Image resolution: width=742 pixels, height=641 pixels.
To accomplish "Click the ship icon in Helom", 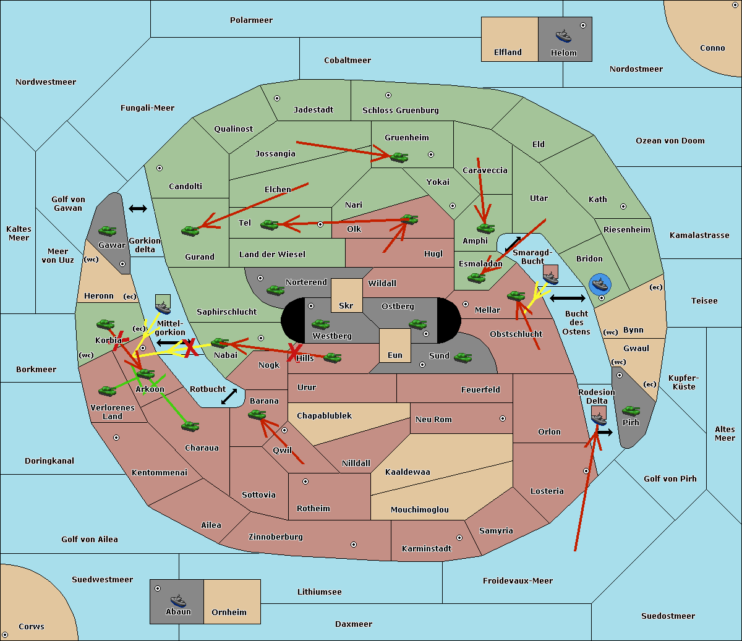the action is [x=563, y=36].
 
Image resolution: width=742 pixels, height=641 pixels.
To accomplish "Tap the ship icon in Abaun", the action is [x=179, y=600].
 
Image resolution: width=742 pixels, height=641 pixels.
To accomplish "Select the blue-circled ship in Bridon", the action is [x=600, y=284].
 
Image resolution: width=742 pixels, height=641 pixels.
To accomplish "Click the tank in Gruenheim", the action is [x=399, y=157].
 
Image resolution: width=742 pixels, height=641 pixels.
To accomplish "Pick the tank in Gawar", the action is [x=108, y=231].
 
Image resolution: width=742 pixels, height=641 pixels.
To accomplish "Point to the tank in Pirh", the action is [x=631, y=410].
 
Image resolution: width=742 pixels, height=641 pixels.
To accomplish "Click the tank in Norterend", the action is [x=275, y=290].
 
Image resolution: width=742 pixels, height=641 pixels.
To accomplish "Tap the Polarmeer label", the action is [x=251, y=20].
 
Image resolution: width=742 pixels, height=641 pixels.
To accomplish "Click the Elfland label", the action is [x=508, y=53].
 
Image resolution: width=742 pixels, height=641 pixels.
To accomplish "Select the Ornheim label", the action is [x=229, y=613].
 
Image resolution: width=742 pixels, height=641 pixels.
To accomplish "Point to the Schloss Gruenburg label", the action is [x=401, y=110].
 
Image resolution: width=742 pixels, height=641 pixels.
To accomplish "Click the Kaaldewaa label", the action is [x=407, y=472].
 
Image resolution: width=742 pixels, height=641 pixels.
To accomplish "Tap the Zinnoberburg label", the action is [x=276, y=537].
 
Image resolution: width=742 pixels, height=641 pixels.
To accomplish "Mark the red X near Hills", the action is [x=294, y=352].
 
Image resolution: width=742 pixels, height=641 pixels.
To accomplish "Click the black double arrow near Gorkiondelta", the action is [x=138, y=208].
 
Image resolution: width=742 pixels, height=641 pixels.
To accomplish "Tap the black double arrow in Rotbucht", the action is [x=229, y=397].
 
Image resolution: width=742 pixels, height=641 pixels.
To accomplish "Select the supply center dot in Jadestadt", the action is [x=277, y=98].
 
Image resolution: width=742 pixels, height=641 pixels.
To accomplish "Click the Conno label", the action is [x=712, y=48].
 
